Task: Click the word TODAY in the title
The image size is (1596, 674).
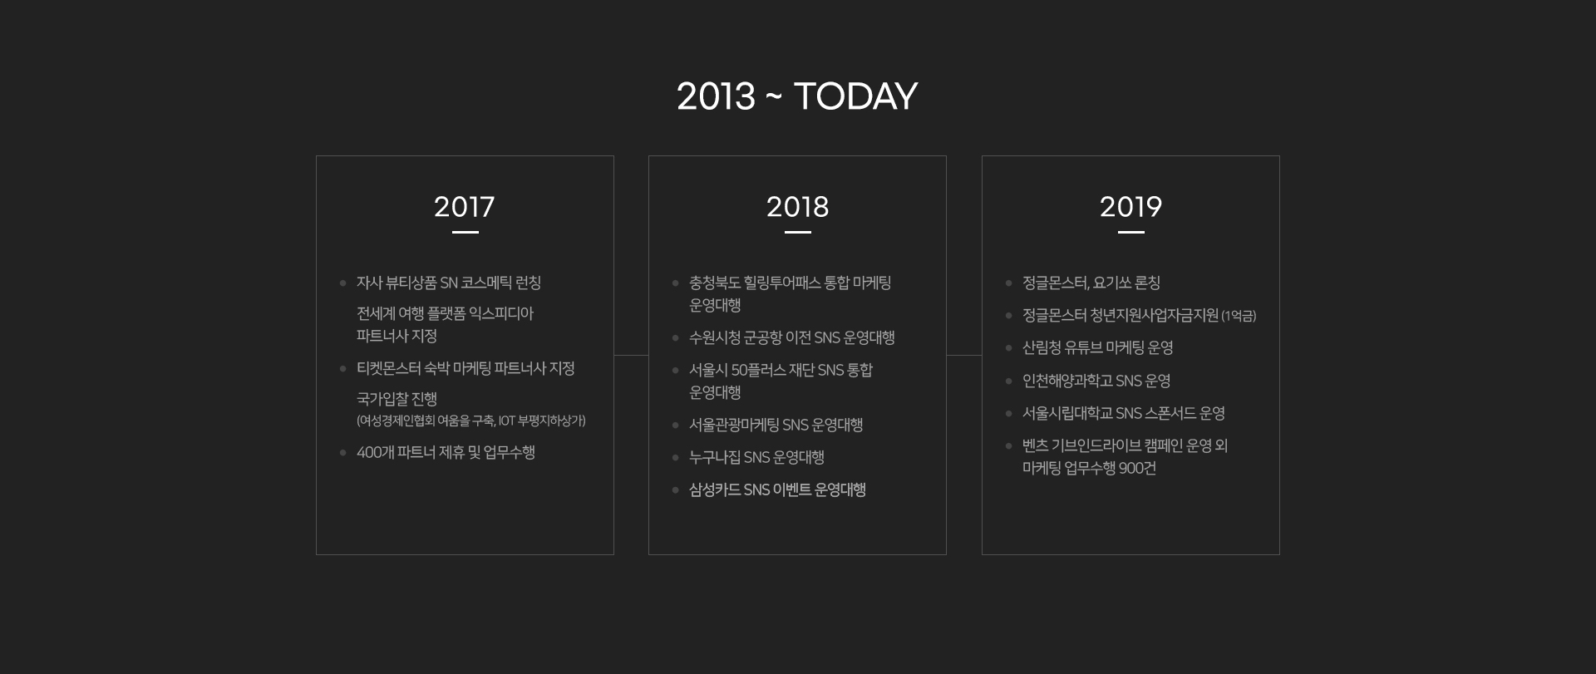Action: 855,96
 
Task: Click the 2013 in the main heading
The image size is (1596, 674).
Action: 717,96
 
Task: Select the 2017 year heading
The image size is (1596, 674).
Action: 465,207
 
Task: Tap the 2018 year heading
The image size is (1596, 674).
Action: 798,207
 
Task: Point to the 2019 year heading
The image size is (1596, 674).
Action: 1130,207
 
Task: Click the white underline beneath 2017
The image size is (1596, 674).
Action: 465,233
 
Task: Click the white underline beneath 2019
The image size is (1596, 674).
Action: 1131,233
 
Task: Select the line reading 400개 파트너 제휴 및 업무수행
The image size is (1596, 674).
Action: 446,453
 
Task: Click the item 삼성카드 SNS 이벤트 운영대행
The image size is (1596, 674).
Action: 777,490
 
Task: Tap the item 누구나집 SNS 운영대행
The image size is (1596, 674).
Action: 756,458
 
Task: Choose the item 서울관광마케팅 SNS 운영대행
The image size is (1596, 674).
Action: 776,426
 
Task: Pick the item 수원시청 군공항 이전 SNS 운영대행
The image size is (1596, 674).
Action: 792,338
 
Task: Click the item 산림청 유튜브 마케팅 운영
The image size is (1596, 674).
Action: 1098,348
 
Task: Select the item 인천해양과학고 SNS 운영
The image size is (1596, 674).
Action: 1096,381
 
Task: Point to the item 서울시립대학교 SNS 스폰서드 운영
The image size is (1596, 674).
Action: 1124,414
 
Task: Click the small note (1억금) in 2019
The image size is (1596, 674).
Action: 1239,317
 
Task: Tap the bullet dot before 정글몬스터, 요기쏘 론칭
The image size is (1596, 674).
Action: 1008,283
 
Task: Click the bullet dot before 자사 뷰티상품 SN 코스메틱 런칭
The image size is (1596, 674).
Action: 342,283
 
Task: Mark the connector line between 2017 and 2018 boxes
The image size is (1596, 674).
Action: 631,356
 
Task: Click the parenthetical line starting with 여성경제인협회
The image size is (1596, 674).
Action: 471,421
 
